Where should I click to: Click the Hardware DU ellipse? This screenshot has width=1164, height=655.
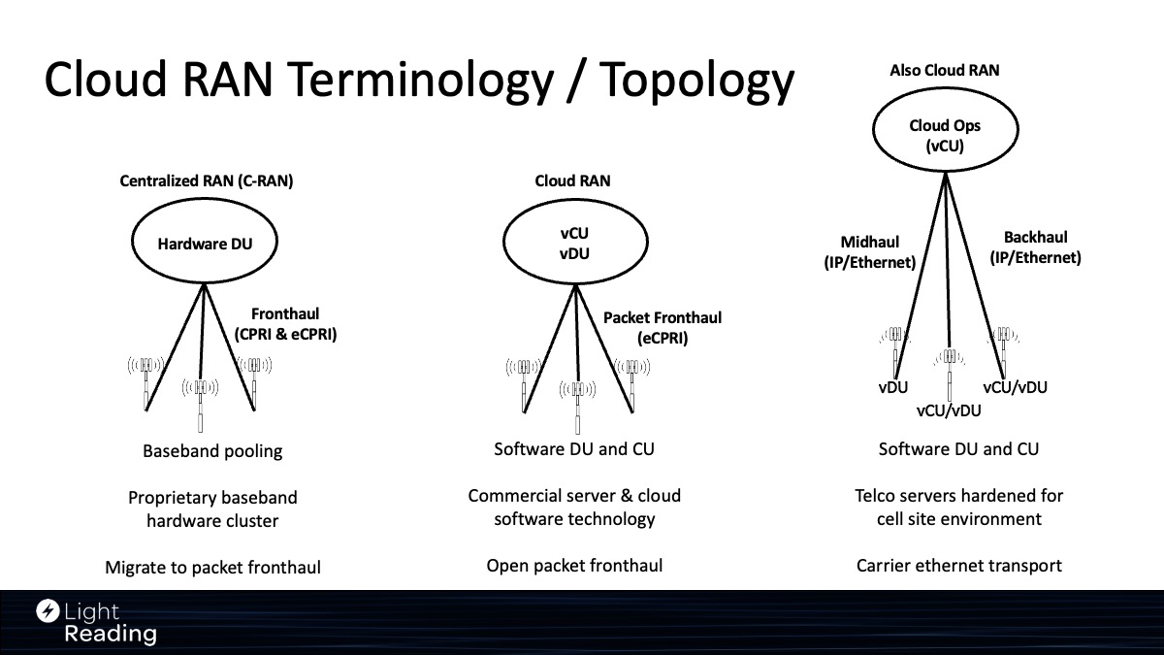(205, 244)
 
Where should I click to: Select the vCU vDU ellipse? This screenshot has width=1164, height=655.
(574, 244)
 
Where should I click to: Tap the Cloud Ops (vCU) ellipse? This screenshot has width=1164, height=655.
(945, 136)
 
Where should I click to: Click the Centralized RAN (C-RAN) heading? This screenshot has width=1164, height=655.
(206, 180)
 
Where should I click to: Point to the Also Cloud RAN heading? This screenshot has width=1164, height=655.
(944, 70)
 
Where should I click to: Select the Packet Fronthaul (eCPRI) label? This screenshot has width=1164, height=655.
(663, 328)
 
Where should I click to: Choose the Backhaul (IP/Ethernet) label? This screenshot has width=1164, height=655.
(1035, 248)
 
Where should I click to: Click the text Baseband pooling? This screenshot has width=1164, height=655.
(212, 451)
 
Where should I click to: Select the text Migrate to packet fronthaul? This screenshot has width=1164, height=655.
(212, 568)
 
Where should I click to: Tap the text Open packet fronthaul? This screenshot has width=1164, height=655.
(574, 566)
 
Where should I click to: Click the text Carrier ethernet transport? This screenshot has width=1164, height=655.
(959, 566)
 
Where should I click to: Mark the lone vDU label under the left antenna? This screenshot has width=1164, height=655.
(892, 387)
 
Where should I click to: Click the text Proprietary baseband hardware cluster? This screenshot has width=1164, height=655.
(212, 509)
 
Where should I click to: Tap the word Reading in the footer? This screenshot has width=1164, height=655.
(110, 635)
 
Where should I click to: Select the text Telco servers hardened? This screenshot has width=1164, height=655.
(958, 496)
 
